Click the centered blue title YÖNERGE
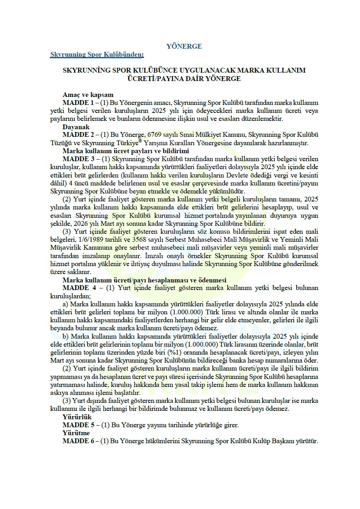[x=184, y=46]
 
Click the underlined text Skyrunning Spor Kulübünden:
[x=97, y=54]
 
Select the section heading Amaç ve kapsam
[x=88, y=95]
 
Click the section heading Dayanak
[x=76, y=127]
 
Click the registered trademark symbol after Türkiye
[x=140, y=141]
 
